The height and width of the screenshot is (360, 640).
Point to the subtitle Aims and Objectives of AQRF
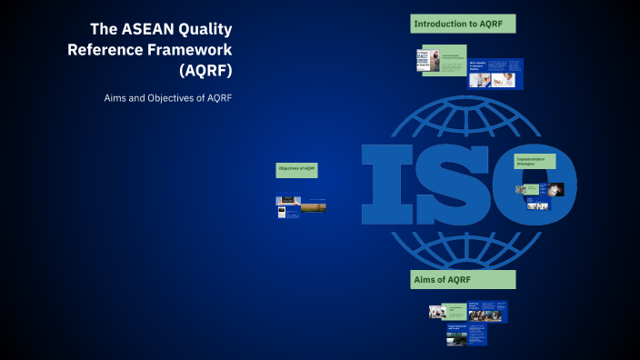(x=168, y=97)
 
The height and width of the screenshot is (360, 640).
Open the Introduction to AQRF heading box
(x=463, y=24)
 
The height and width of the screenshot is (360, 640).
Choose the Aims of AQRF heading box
(x=463, y=279)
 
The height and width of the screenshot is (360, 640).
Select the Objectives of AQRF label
(x=296, y=169)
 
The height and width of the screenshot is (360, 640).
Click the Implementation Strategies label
(x=535, y=161)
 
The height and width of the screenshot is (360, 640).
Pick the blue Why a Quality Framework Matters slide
(x=495, y=73)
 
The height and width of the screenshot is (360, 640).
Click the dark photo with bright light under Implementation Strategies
(x=555, y=189)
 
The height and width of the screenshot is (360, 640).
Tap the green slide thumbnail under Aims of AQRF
(x=455, y=312)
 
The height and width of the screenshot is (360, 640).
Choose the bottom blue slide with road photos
(x=466, y=335)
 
